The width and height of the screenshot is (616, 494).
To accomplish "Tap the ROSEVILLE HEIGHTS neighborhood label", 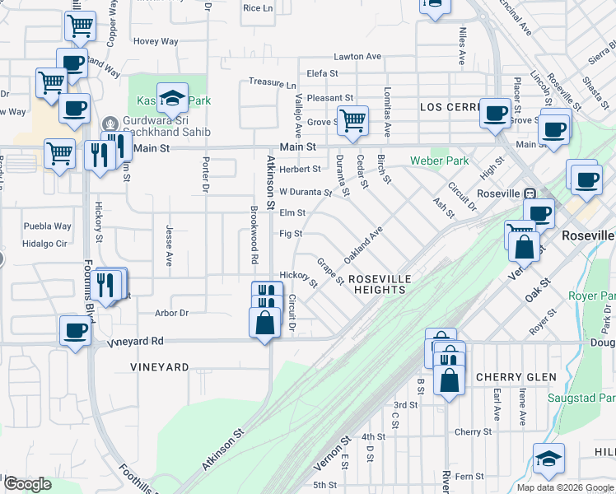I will [x=379, y=285].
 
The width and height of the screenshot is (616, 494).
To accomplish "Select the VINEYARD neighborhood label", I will [x=160, y=367].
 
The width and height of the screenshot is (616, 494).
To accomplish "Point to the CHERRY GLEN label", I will [x=516, y=377].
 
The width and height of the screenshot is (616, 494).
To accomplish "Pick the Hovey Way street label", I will [x=156, y=40].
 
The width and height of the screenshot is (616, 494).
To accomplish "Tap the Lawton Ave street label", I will [x=357, y=57].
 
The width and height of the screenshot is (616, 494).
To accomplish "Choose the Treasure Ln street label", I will [x=272, y=83].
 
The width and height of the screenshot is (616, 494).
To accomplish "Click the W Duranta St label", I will [x=305, y=193].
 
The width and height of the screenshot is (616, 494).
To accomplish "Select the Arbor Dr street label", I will [x=172, y=313].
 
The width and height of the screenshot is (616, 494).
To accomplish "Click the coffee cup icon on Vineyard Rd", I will [x=75, y=331].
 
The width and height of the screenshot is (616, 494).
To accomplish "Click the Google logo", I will [x=27, y=484].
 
